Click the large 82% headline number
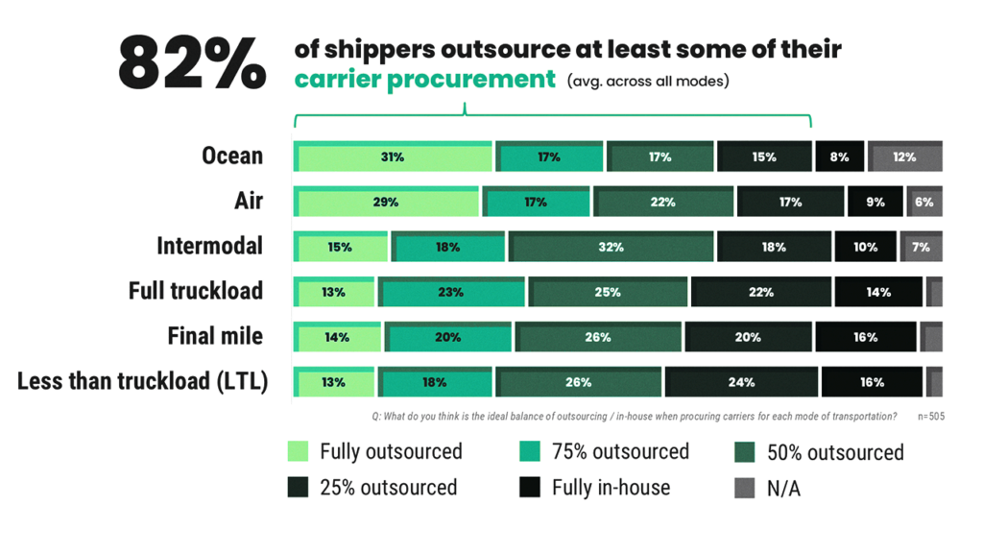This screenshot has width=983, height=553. point(192,65)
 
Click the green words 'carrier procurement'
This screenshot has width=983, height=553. point(424,80)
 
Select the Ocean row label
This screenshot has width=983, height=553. point(232,156)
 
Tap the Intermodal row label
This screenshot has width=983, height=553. point(209,246)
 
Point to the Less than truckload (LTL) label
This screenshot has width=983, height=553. point(142,381)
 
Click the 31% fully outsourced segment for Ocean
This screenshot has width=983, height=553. point(393,157)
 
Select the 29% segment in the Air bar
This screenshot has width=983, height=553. point(386,203)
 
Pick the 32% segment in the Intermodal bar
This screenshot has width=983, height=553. point(611,247)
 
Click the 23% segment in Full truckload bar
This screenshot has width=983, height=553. point(451,292)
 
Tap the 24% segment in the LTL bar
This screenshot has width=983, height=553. point(741,382)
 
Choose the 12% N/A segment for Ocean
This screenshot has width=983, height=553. point(904,157)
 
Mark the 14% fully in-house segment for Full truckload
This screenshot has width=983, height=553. point(878,292)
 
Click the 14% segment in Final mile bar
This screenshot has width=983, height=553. point(337,337)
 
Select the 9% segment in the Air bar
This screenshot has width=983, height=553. point(875,203)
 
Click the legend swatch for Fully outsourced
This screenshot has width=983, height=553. point(299,451)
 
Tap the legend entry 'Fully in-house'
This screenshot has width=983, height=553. point(611,487)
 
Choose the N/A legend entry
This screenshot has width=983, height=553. point(783,488)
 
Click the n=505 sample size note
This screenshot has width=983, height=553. point(930,417)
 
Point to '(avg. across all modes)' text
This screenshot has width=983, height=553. point(648,81)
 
